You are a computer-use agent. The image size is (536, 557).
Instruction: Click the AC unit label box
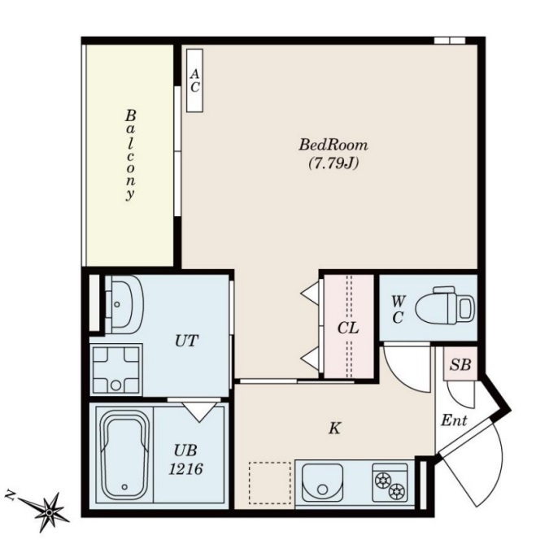click(x=194, y=81)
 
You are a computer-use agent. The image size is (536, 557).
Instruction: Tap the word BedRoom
click(x=333, y=145)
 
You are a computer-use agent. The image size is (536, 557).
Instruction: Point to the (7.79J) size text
click(x=333, y=163)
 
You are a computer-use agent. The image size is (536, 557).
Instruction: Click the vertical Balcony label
click(x=131, y=155)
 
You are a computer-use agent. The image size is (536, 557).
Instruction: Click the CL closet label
click(x=348, y=328)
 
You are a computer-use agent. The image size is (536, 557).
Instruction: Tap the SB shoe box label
click(x=460, y=364)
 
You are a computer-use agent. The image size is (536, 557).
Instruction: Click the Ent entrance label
click(x=454, y=420)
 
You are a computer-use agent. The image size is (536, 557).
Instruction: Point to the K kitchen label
click(x=334, y=429)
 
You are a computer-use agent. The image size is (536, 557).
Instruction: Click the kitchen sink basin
click(x=322, y=482)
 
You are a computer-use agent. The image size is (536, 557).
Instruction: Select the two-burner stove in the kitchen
click(x=390, y=482)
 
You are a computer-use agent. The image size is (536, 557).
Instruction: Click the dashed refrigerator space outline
click(x=270, y=483)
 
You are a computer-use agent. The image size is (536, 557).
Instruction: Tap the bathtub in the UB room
click(x=124, y=456)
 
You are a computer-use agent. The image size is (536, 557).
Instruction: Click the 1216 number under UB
click(x=185, y=470)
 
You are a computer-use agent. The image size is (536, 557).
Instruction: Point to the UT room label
click(x=186, y=341)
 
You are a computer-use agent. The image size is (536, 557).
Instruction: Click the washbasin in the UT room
click(x=124, y=304)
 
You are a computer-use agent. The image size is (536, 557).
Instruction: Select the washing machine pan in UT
click(x=116, y=369)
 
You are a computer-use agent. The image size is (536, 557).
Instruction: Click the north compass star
click(x=49, y=512)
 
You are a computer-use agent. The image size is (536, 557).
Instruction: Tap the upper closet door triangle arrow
click(x=311, y=294)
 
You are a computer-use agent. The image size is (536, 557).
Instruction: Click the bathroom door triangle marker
click(x=200, y=411)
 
